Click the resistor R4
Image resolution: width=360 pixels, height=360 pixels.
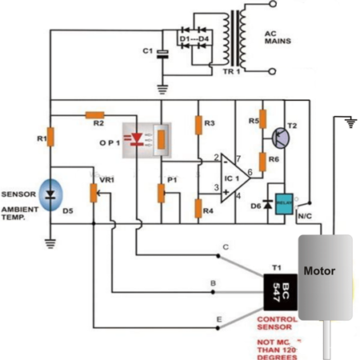(x=198, y=210)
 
